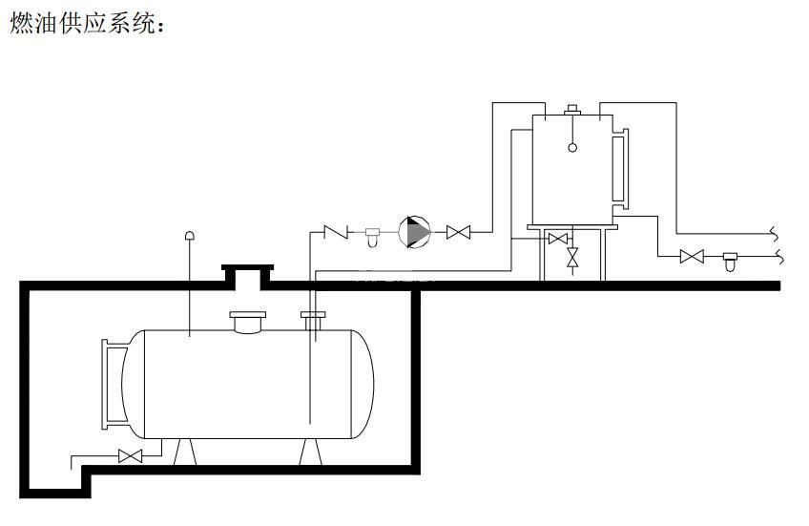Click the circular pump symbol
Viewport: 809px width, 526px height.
pyautogui.click(x=415, y=232)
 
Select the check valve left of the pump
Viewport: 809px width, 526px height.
pyautogui.click(x=337, y=231)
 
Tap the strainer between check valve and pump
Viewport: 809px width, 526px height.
pyautogui.click(x=372, y=234)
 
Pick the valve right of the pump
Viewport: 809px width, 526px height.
pyautogui.click(x=460, y=232)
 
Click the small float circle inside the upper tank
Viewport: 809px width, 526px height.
pyautogui.click(x=572, y=147)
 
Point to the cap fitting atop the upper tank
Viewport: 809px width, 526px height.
pyautogui.click(x=572, y=110)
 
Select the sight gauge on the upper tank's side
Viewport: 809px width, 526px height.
pyautogui.click(x=620, y=169)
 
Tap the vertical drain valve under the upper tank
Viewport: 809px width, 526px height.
pyautogui.click(x=572, y=258)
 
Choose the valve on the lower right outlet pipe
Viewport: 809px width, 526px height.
pyautogui.click(x=692, y=256)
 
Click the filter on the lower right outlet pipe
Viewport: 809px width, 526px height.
pyautogui.click(x=732, y=258)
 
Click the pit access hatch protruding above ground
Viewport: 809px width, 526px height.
pyautogui.click(x=247, y=276)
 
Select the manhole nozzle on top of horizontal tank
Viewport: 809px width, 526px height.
pyautogui.click(x=250, y=323)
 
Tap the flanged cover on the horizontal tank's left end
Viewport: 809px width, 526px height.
pyautogui.click(x=114, y=384)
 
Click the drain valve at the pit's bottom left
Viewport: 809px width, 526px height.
pyautogui.click(x=130, y=456)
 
